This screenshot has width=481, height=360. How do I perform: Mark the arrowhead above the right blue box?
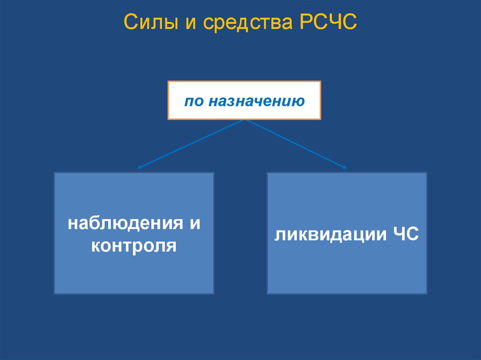[345, 167]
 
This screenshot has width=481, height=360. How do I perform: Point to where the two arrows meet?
[244, 120]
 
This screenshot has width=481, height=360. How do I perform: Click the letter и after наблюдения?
[194, 223]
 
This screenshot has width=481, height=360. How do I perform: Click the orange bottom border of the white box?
[244, 119]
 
